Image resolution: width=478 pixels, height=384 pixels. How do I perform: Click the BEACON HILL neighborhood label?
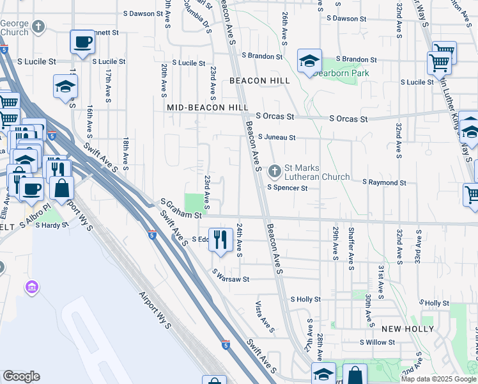259,81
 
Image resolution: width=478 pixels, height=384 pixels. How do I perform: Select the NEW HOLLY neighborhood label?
408,328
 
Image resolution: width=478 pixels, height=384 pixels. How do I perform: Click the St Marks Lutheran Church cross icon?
274,171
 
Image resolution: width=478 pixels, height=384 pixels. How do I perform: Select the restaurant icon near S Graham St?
220,239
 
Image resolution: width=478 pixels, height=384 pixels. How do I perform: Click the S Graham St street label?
181,216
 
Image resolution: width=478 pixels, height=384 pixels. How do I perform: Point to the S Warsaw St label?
231,279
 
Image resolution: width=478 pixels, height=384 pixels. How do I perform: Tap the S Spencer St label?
288,188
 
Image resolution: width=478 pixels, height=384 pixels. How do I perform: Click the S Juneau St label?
277,137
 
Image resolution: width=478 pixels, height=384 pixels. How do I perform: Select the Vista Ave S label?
265,317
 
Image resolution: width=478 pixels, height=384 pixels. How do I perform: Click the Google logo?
21,376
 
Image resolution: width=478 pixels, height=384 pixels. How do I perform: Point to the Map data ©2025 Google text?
438,379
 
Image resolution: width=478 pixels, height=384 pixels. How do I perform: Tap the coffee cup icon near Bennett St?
82,43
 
